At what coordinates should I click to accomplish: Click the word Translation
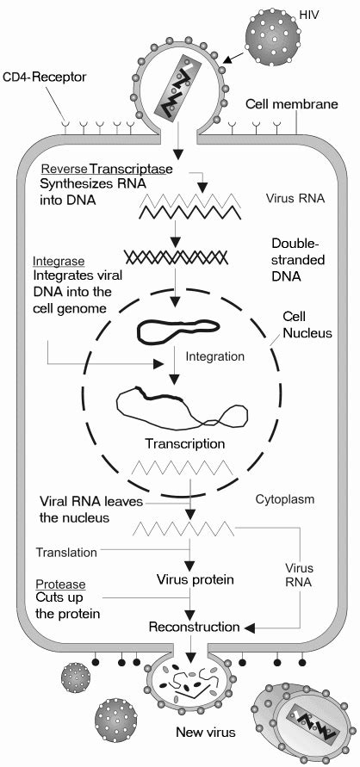coord(65,551)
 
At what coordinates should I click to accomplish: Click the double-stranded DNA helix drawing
coord(176,257)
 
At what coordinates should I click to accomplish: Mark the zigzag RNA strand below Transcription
coord(177,471)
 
